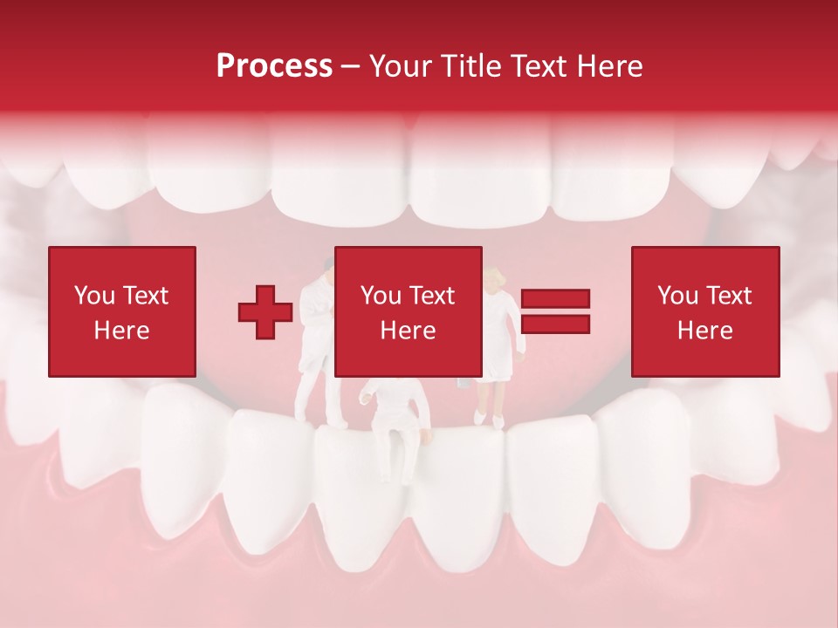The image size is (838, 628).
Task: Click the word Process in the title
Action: pyautogui.click(x=274, y=66)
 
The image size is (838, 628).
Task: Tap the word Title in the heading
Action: pyautogui.click(x=472, y=66)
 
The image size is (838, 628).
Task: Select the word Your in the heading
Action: pyautogui.click(x=402, y=66)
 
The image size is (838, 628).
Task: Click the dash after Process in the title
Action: pyautogui.click(x=351, y=67)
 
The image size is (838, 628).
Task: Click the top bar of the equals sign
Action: pyautogui.click(x=555, y=299)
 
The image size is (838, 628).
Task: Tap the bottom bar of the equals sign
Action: pyautogui.click(x=555, y=324)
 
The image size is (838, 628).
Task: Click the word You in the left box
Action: pyautogui.click(x=94, y=296)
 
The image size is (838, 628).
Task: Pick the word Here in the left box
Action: pyautogui.click(x=121, y=331)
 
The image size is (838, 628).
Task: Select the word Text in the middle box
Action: pyautogui.click(x=431, y=296)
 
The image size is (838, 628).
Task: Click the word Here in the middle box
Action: pyautogui.click(x=408, y=331)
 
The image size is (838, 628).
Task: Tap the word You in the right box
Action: pyautogui.click(x=677, y=296)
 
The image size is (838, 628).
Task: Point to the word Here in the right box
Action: pyautogui.click(x=704, y=331)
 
